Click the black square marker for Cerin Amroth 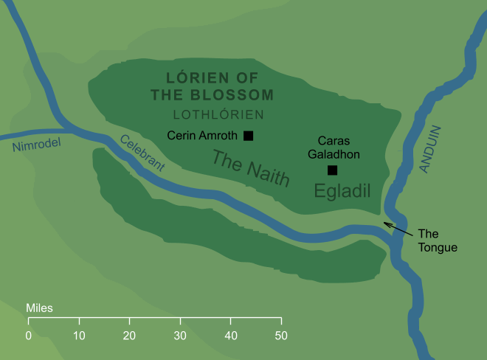249,136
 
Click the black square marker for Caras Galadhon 332,170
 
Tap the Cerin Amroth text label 201,136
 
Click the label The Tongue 438,240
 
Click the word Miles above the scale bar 39,307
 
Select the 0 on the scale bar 28,336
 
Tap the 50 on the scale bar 281,336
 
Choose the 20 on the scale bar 129,336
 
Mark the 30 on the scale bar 180,336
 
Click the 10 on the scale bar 79,336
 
